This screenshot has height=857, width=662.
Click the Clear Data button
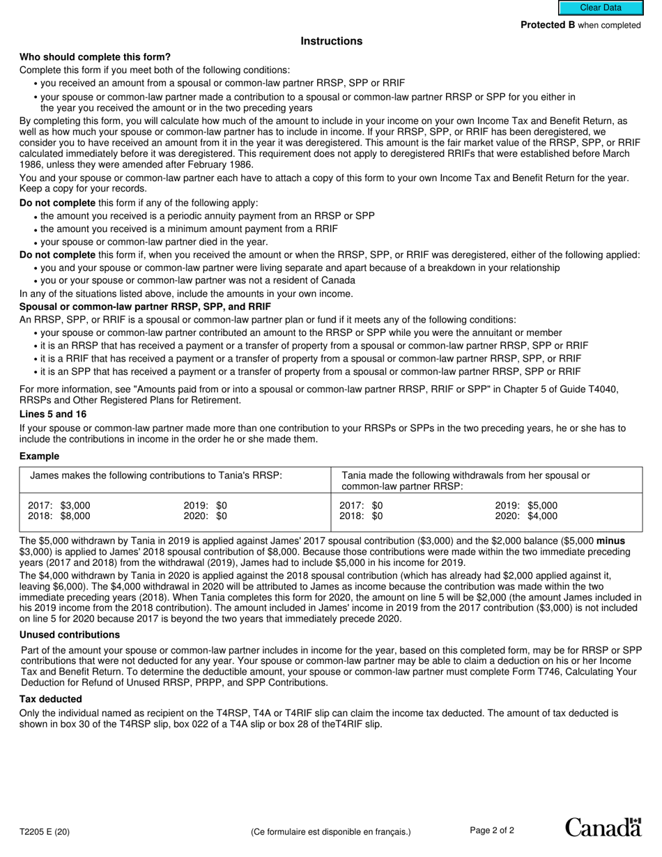coord(600,8)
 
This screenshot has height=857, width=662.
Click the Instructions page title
coord(331,41)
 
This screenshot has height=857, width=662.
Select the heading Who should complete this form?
coord(95,57)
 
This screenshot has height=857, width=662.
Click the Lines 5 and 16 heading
coord(53,415)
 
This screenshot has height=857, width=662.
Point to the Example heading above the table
coord(39,456)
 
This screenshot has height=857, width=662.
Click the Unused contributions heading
coord(70,635)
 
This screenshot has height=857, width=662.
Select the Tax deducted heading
coord(50,699)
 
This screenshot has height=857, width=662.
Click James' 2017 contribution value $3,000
coord(75,506)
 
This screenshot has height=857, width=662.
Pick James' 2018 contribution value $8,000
coord(75,516)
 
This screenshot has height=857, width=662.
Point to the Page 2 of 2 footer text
coord(492,831)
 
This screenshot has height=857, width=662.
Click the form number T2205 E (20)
coord(45,831)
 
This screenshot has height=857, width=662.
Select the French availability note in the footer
coord(330,831)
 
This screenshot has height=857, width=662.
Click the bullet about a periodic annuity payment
coord(207,216)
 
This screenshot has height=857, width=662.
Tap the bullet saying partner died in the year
coord(154,242)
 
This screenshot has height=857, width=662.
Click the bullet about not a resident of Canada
coord(197,281)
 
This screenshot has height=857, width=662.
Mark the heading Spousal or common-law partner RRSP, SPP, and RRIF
coord(145,307)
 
